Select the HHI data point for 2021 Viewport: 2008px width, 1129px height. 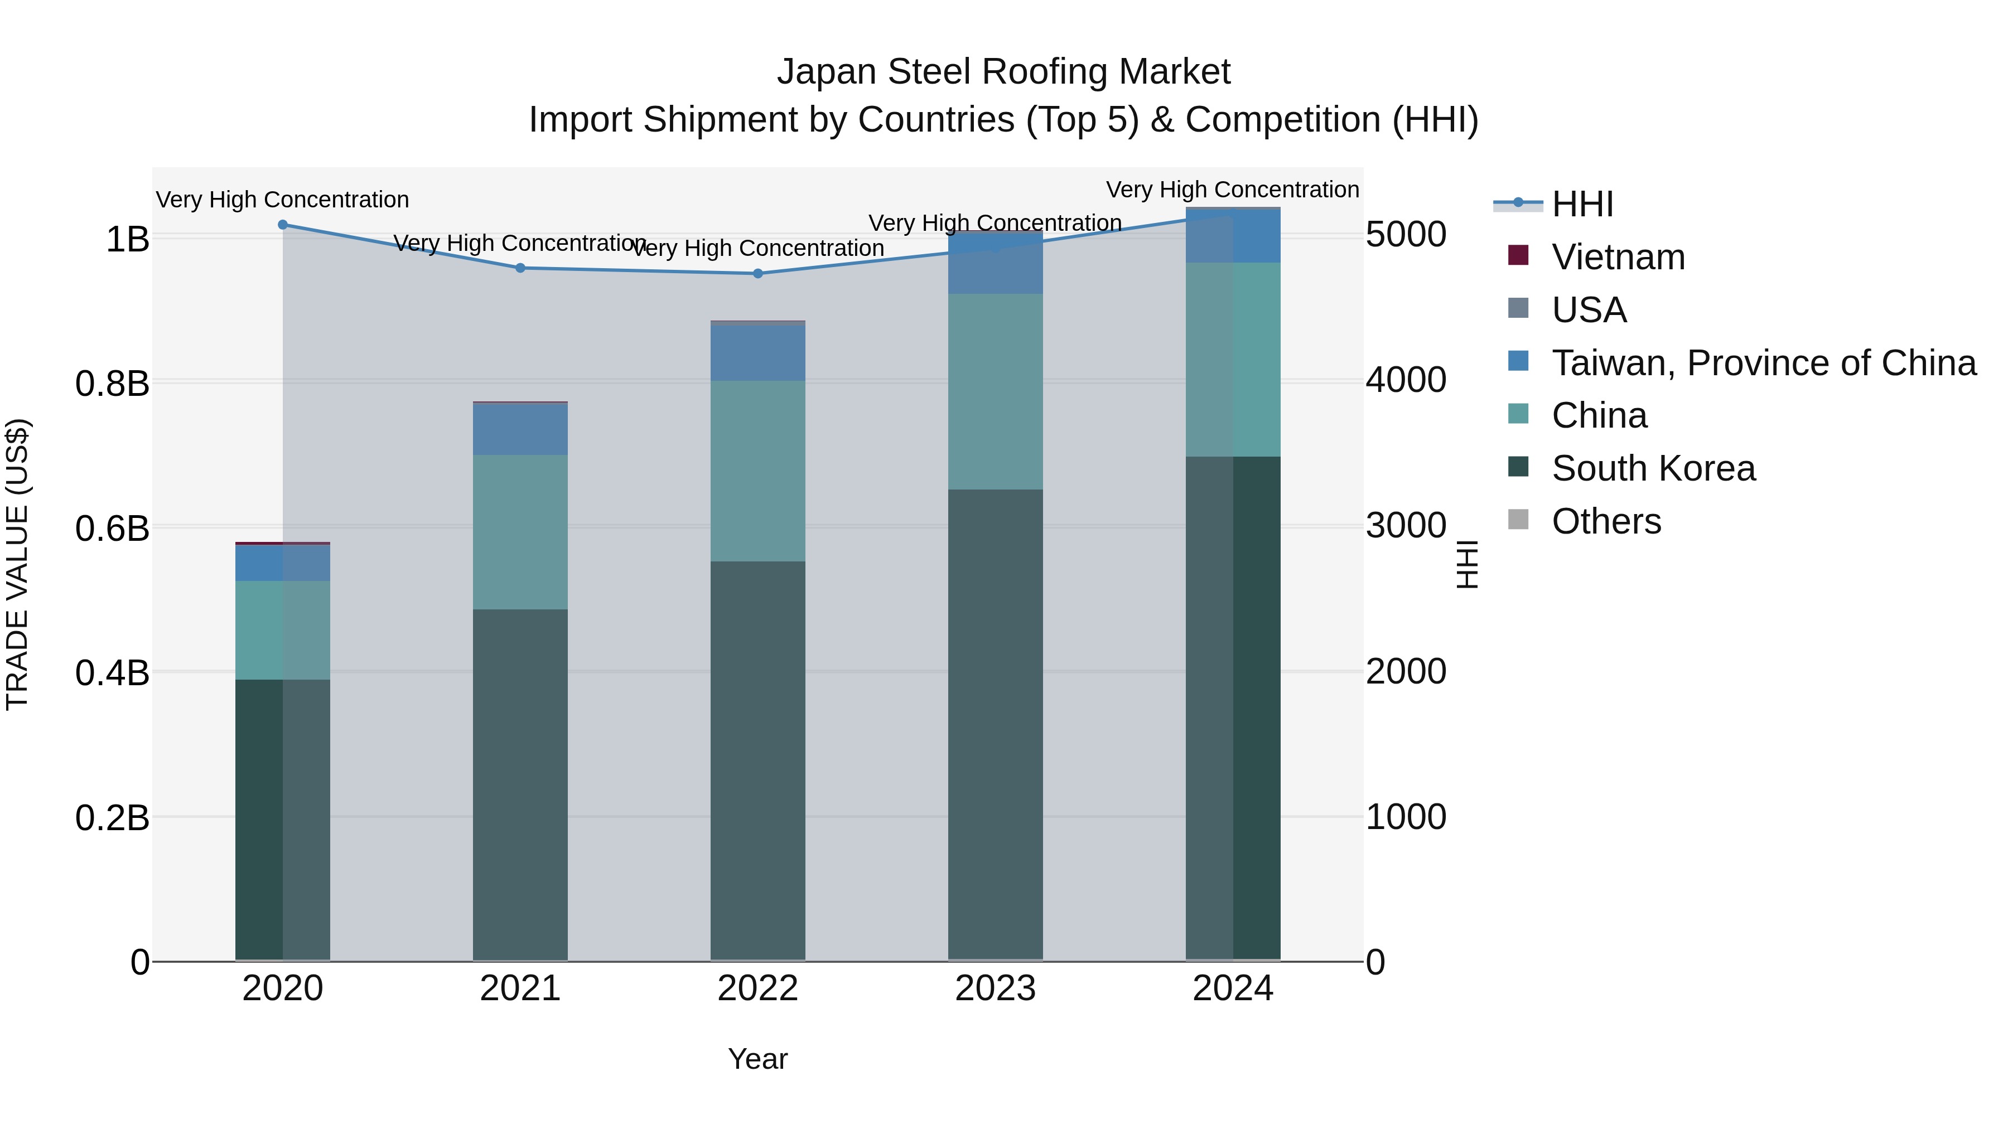[x=521, y=268]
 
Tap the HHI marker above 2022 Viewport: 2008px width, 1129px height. [x=757, y=274]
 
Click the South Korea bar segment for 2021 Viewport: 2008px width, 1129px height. [x=521, y=783]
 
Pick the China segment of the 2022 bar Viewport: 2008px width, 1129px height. [x=757, y=471]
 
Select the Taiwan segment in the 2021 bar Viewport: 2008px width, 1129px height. [x=521, y=429]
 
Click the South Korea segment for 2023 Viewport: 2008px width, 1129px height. [x=996, y=725]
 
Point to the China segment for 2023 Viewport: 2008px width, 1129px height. [x=996, y=392]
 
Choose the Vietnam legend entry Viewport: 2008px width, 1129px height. [x=1618, y=257]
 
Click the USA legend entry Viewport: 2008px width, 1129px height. [x=1589, y=310]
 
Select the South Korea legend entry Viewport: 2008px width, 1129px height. [x=1653, y=468]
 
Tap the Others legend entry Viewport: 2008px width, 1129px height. [x=1606, y=521]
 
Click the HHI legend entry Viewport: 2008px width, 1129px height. [x=1582, y=204]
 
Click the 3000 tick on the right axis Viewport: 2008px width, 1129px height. [x=1406, y=526]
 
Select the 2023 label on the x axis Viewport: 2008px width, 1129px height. [x=996, y=989]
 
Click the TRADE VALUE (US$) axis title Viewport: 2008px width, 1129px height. [x=17, y=564]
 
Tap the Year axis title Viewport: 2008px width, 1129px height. [x=757, y=1059]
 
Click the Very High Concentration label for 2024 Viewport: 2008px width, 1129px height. [x=1232, y=190]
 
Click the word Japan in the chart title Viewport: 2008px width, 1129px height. [x=826, y=72]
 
